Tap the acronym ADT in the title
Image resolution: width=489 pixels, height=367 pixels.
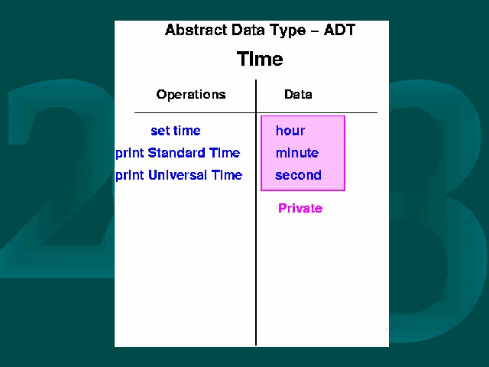point(339,31)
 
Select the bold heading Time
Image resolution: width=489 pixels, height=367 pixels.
point(260,59)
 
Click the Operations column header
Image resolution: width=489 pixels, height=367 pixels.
point(191,95)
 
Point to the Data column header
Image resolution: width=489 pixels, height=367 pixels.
point(298,94)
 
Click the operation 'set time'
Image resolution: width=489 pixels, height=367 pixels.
point(176,131)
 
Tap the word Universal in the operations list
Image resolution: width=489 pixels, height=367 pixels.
point(177,175)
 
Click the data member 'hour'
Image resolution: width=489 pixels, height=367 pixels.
point(290,131)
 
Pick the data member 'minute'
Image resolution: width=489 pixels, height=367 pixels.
point(297,153)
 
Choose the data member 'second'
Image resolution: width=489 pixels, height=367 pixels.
point(298,175)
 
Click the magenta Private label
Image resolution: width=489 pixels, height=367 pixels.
point(300,208)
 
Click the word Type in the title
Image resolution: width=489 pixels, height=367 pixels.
point(289,31)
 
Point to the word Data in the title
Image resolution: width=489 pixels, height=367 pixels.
point(249,31)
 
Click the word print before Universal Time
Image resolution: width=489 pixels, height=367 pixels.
point(130,176)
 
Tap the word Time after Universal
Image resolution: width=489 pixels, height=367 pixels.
point(227,175)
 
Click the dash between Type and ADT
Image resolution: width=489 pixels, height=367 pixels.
point(315,31)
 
